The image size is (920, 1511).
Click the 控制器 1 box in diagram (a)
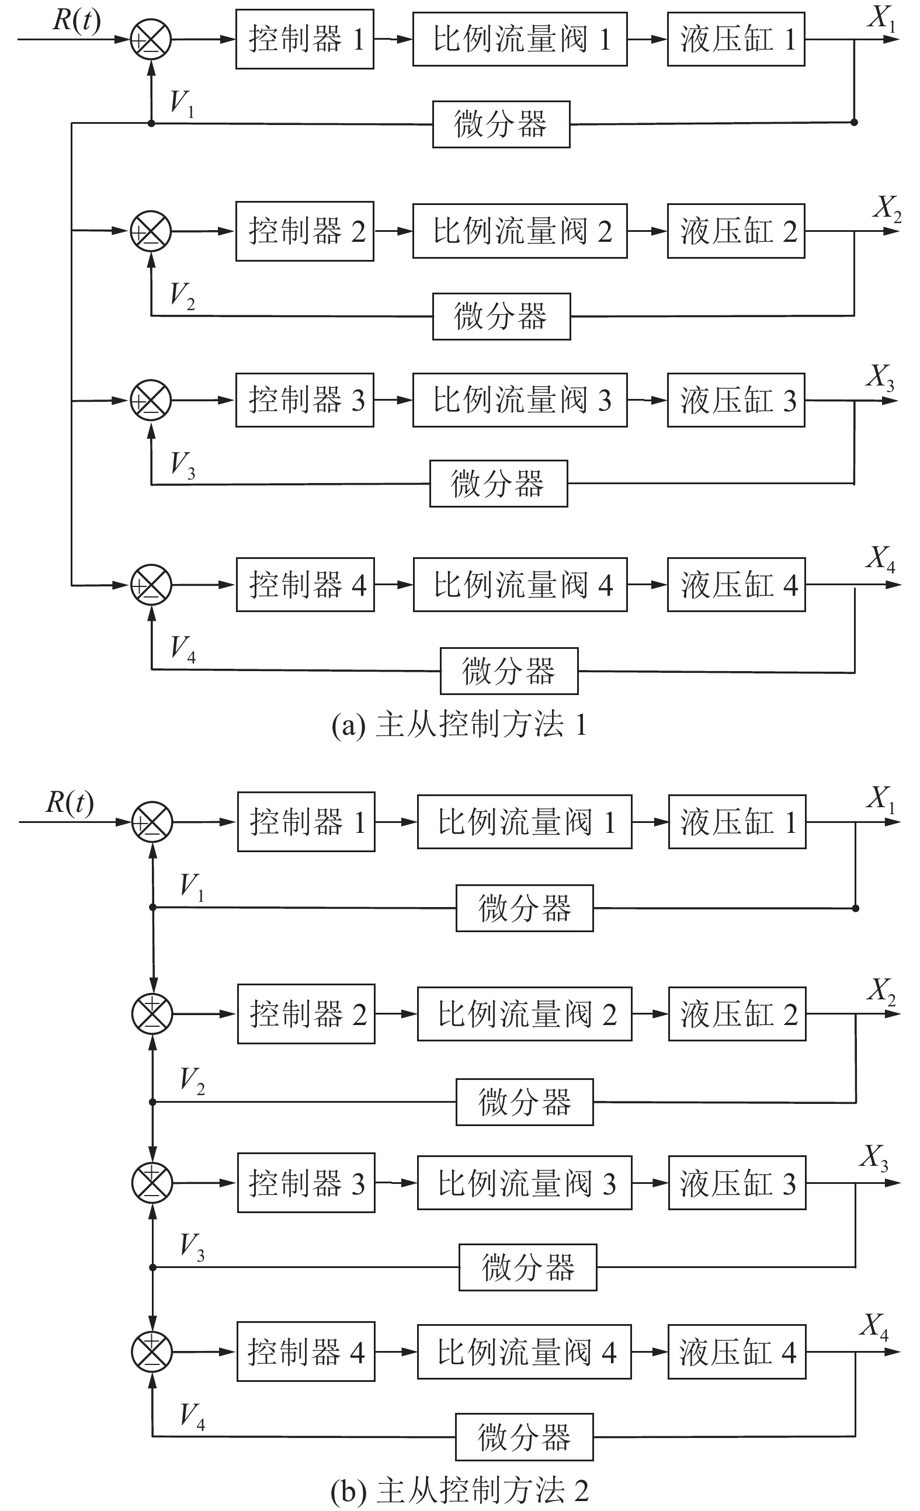pos(305,39)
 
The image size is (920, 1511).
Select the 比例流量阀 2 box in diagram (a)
pos(519,231)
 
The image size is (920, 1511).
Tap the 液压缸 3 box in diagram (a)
pos(736,401)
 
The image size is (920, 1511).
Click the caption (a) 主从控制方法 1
pos(459,725)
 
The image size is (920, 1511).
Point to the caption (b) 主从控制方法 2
pos(459,1490)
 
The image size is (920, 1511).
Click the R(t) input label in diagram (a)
pos(77,20)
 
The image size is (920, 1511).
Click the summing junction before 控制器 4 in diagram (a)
pos(151,585)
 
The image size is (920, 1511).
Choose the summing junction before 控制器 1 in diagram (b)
pos(152,822)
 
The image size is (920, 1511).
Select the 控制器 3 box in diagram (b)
pos(306,1183)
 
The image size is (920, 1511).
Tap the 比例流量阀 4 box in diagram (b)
pos(525,1352)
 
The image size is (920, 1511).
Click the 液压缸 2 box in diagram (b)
pos(737,1015)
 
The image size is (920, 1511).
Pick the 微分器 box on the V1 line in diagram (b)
pos(525,908)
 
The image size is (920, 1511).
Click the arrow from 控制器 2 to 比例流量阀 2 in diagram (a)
pos(393,231)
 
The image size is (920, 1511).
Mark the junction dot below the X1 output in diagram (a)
pos(855,123)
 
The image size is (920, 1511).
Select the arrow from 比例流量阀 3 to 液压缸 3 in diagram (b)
pos(650,1183)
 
